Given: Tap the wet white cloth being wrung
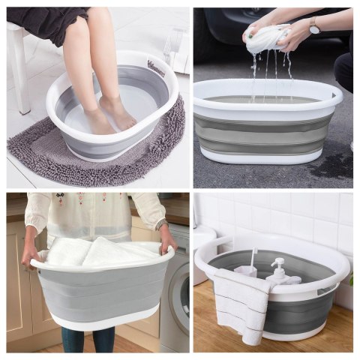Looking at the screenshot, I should click(267, 37).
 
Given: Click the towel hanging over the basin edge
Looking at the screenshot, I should click(240, 300).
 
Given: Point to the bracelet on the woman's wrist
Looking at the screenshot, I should click(160, 223).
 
